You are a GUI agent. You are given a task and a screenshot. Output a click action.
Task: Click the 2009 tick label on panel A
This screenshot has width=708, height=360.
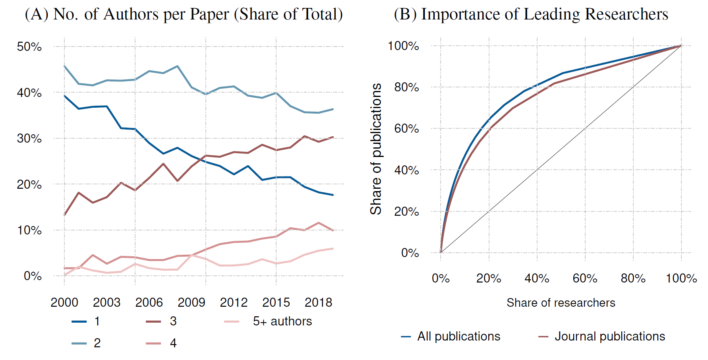pos(191,303)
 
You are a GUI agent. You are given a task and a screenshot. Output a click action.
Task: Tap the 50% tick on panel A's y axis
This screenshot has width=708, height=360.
pos(29,47)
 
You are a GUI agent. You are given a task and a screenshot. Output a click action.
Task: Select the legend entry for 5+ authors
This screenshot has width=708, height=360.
pos(282,321)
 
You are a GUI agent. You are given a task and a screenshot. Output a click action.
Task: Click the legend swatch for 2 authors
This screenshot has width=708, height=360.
pos(79,343)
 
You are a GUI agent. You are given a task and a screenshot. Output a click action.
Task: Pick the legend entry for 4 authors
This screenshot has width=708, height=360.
pos(173,343)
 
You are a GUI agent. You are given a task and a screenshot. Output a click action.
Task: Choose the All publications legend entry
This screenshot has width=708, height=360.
pos(458,337)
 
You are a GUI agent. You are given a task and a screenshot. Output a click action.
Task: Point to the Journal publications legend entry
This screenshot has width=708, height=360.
pos(609,337)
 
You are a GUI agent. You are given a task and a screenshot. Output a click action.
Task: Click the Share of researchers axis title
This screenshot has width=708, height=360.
pos(561,303)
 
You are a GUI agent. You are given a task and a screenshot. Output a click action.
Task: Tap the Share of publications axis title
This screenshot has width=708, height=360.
pos(376,149)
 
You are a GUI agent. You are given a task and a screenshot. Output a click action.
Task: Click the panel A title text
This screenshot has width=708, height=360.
pos(184,15)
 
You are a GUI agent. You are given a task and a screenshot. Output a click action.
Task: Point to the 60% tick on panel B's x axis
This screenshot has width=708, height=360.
pos(585,279)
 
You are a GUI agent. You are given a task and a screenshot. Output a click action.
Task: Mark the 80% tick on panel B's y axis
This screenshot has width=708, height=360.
pos(406,87)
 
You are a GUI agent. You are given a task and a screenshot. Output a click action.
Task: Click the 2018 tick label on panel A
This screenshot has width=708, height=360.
pos(318,303)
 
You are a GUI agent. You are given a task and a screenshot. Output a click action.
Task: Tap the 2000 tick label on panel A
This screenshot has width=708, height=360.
pos(64,303)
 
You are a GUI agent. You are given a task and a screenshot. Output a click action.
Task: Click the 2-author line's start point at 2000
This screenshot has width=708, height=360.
pos(64,66)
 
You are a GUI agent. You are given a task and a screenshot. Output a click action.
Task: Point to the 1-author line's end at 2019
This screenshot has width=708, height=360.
pos(333,195)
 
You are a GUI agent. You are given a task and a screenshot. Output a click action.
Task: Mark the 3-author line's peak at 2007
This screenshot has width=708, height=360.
pos(163,164)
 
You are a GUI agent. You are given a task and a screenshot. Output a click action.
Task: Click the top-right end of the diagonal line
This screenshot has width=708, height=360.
pos(681,46)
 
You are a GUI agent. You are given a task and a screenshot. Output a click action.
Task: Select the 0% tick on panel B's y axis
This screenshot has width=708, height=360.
pos(410,253)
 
